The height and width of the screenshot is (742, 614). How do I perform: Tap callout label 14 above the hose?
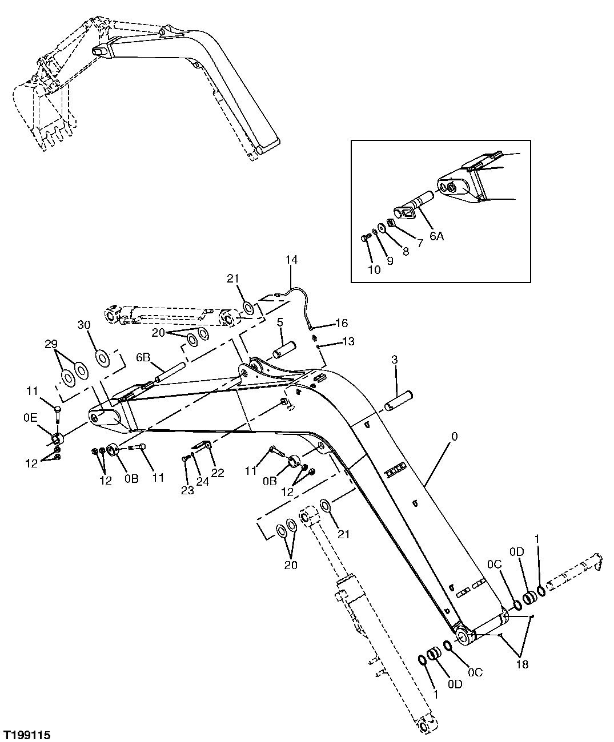292,260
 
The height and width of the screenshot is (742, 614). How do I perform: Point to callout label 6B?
143,358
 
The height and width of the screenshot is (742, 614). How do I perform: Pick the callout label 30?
84,325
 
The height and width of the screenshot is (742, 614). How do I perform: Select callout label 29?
51,344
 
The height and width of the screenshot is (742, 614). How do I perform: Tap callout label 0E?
30,418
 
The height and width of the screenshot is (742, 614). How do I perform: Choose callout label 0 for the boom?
454,437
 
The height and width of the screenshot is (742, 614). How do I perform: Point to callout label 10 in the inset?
374,270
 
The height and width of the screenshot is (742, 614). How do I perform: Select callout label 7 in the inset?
420,243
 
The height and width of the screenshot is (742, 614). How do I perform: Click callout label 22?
218,473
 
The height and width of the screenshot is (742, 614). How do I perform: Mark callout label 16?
342,323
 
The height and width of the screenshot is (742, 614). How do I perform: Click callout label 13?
348,341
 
